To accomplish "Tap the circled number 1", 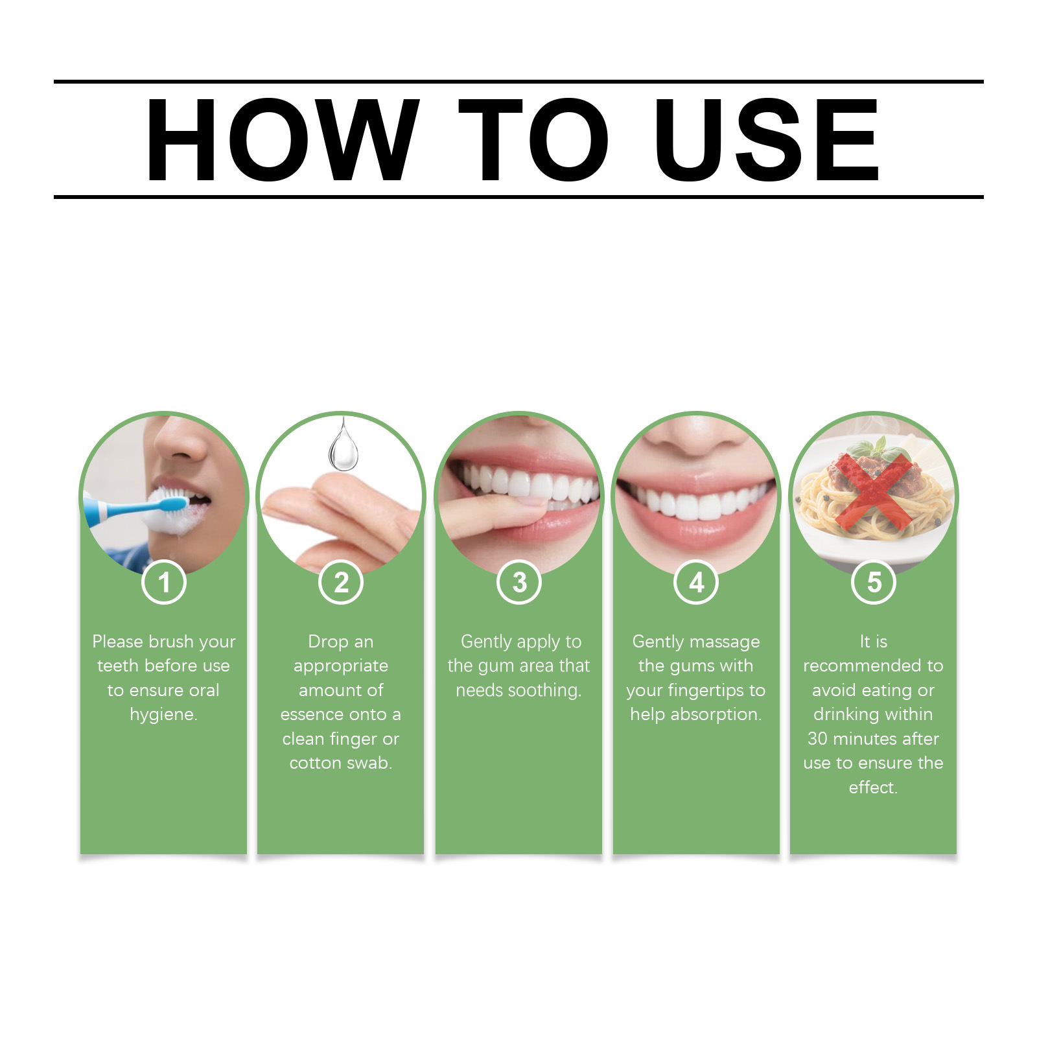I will pos(164,582).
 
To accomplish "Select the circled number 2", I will pos(341,582).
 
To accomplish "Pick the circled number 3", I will pos(519,582).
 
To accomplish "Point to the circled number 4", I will pos(696,582).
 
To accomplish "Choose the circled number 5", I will pos(874,582).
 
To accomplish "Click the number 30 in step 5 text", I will pos(818,739).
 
